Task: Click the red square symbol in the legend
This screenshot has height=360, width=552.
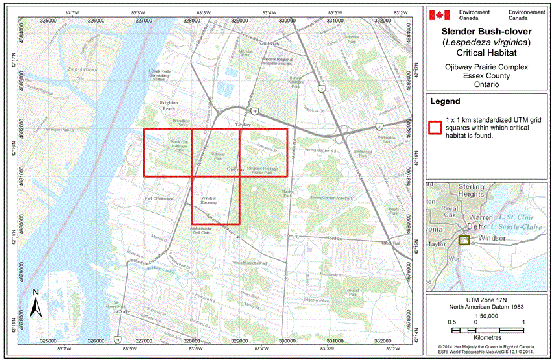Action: [x=434, y=126]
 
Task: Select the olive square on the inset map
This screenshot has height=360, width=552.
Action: [x=464, y=240]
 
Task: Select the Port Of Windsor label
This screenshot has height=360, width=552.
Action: [x=159, y=198]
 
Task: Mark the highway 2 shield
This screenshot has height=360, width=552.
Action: [x=378, y=127]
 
